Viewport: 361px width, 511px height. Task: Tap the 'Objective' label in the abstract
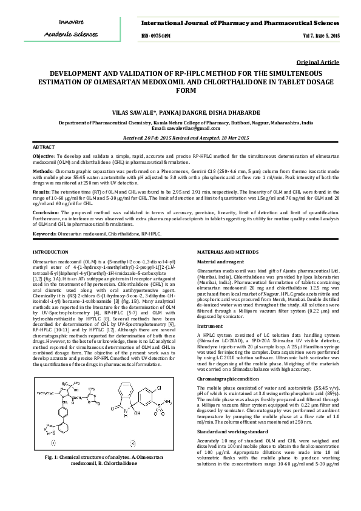coord(44,156)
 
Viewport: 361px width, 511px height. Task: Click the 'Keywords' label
coord(45,233)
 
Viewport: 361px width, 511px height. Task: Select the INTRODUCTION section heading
coord(50,251)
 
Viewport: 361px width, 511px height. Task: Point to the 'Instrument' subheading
coord(210,326)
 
